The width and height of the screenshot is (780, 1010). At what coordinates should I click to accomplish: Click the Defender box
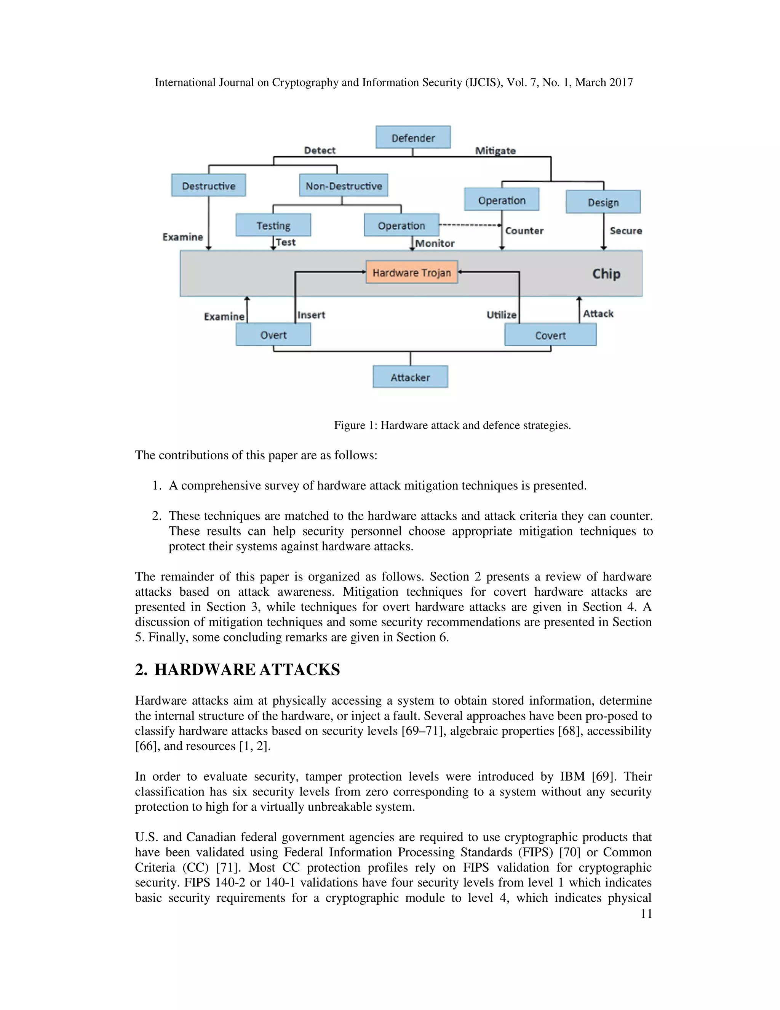[x=413, y=137]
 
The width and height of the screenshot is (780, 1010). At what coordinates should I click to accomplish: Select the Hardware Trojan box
[x=412, y=273]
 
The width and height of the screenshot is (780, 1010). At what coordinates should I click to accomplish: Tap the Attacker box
[x=410, y=377]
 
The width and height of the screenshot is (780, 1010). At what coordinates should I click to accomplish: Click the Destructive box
[x=208, y=186]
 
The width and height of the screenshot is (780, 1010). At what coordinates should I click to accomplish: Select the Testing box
[x=273, y=225]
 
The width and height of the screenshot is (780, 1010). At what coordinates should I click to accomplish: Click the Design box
[x=603, y=202]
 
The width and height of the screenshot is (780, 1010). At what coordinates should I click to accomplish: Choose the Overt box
[x=273, y=334]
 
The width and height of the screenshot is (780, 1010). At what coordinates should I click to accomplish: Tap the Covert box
[x=550, y=335]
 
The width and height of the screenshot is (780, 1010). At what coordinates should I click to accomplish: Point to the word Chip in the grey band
[x=606, y=274]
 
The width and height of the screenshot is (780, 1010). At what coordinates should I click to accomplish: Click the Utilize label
[x=501, y=315]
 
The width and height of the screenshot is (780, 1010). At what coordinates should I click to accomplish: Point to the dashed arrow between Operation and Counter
[x=469, y=225]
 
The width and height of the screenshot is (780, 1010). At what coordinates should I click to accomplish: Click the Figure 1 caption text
[x=452, y=425]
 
